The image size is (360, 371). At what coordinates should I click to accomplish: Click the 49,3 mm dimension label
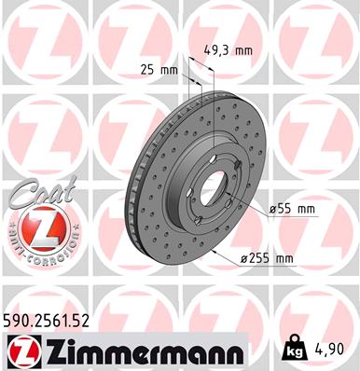(x=228, y=51)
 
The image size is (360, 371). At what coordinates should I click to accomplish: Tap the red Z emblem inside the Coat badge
(x=37, y=226)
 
